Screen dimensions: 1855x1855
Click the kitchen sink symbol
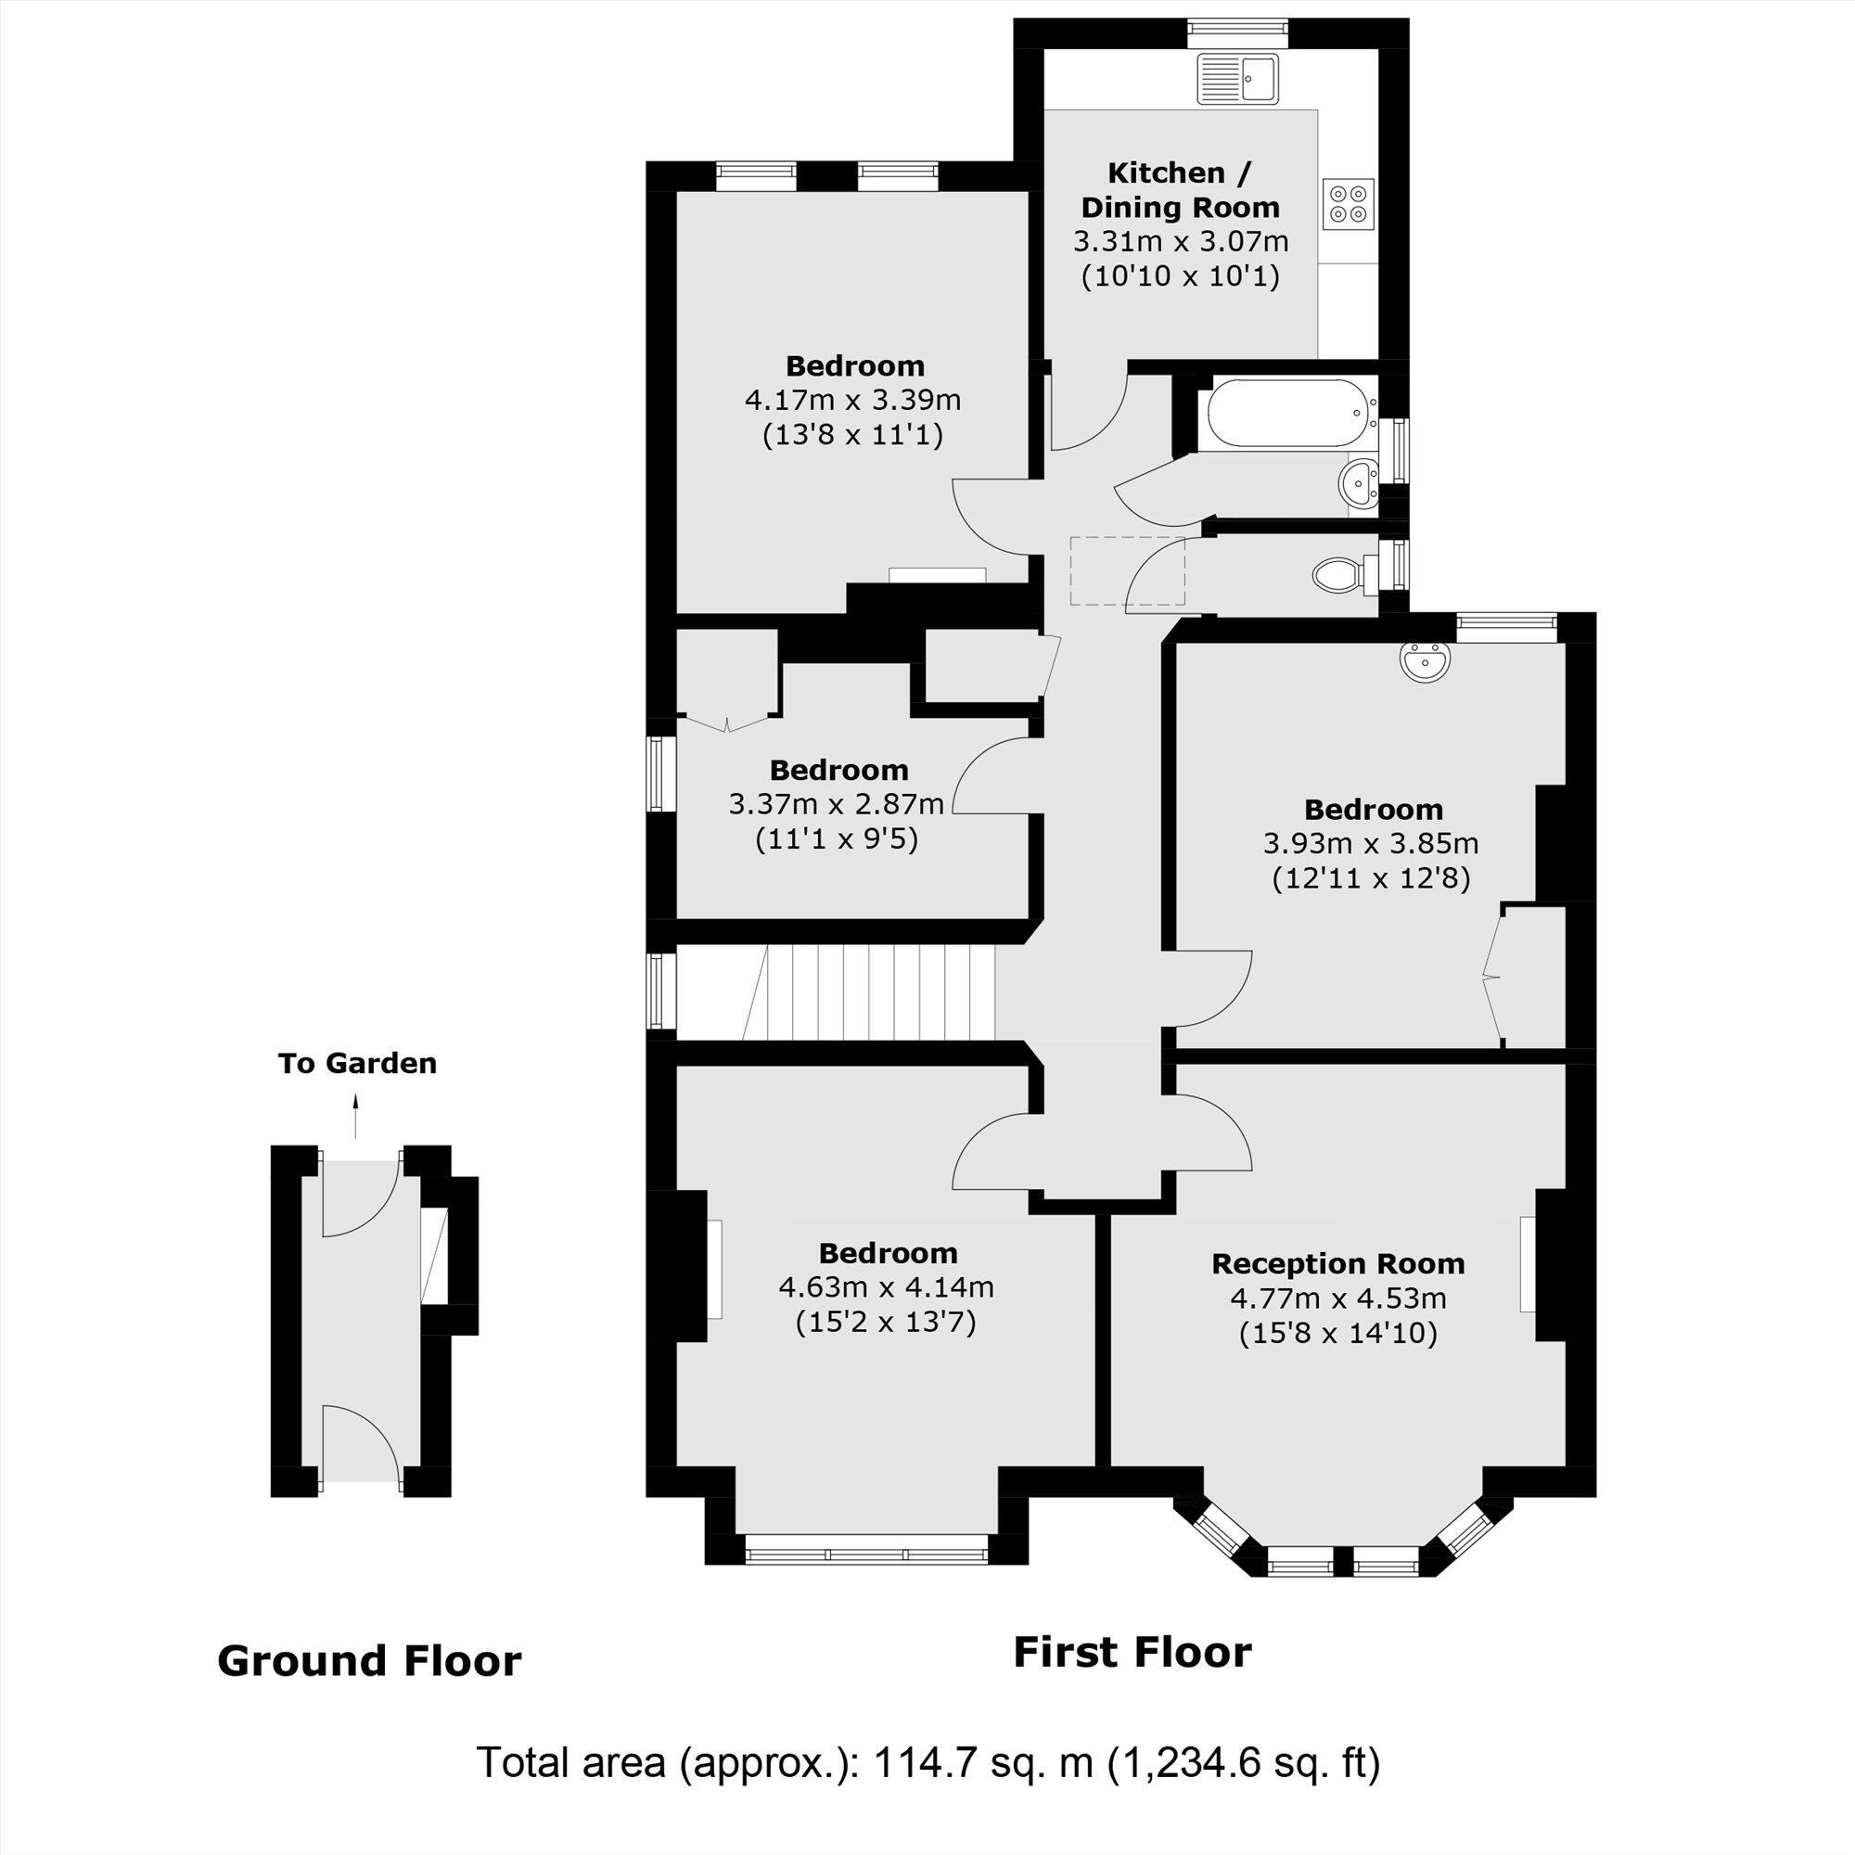[x=1237, y=78]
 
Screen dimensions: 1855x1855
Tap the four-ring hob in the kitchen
[x=1348, y=204]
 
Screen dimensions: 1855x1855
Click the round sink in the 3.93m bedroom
[x=1425, y=662]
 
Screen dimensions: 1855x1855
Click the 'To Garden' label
[x=357, y=1064]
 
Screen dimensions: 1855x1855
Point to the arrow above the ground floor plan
[x=356, y=1118]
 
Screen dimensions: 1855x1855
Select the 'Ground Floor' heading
[x=369, y=1661]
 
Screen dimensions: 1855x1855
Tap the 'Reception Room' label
[x=1337, y=1263]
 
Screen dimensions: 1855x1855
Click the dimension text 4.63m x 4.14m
[x=885, y=1287]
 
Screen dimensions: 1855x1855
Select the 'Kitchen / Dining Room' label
[x=1180, y=190]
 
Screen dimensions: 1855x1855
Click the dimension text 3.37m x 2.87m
[x=836, y=804]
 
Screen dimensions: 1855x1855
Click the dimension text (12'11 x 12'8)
[x=1371, y=878]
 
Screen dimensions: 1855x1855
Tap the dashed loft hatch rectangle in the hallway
[x=1127, y=571]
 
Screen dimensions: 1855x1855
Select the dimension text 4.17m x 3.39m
[x=852, y=400]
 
